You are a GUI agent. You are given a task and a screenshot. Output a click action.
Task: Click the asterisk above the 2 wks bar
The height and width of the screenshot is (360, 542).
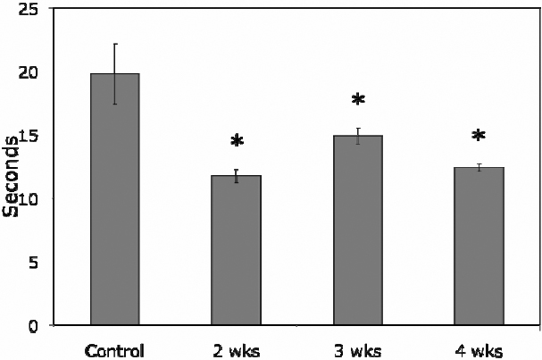pyautogui.click(x=237, y=142)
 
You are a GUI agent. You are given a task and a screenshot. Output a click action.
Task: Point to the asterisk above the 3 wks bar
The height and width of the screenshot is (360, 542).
pyautogui.click(x=358, y=100)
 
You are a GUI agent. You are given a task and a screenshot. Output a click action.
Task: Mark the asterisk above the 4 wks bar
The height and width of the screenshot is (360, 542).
pyautogui.click(x=479, y=137)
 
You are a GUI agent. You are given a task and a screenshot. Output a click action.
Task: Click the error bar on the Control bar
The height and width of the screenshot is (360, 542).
pyautogui.click(x=115, y=73)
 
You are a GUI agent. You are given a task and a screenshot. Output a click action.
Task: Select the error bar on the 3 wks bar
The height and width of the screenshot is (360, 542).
pyautogui.click(x=358, y=136)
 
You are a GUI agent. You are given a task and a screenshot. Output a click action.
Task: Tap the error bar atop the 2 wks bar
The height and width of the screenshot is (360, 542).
pyautogui.click(x=237, y=176)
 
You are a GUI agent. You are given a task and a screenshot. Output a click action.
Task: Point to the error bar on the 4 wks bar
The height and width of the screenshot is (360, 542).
pyautogui.click(x=479, y=167)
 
